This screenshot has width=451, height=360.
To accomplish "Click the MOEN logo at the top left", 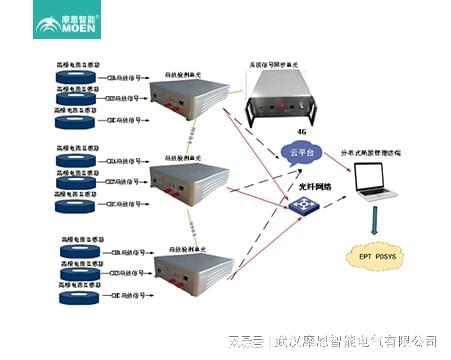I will point(69,23).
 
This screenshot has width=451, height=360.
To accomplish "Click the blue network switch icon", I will point(297,206).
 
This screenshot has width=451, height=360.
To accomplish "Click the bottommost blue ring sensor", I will point(78,297).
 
